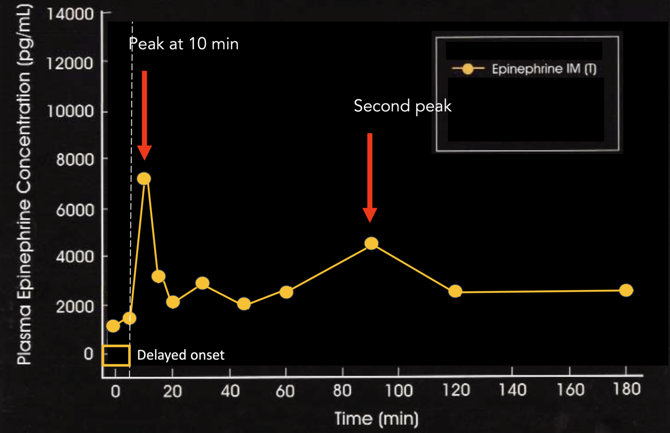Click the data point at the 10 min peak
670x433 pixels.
tap(144, 179)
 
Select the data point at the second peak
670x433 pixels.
tap(371, 243)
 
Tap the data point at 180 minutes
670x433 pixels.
tap(626, 290)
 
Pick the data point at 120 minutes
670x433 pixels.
tap(455, 291)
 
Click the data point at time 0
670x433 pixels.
tap(113, 326)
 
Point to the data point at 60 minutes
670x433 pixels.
tap(286, 292)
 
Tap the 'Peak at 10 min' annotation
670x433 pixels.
tap(184, 44)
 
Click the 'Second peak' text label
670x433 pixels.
tap(402, 106)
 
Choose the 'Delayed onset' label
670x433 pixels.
tap(181, 355)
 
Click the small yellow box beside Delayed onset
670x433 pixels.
tap(116, 355)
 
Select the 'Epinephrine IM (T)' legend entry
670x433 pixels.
tap(544, 69)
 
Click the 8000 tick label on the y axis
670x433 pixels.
tap(75, 160)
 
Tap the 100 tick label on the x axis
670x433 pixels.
tap(399, 390)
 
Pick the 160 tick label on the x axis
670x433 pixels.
tap(570, 389)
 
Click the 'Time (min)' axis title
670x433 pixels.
tap(376, 419)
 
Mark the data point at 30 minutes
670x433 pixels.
tap(202, 283)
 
